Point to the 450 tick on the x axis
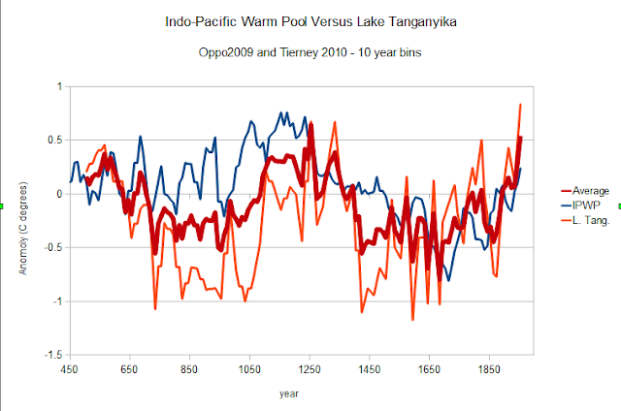pos(69,369)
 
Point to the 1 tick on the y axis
pos(58,87)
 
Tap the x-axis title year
pos(289,394)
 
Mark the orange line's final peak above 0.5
pos(521,104)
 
